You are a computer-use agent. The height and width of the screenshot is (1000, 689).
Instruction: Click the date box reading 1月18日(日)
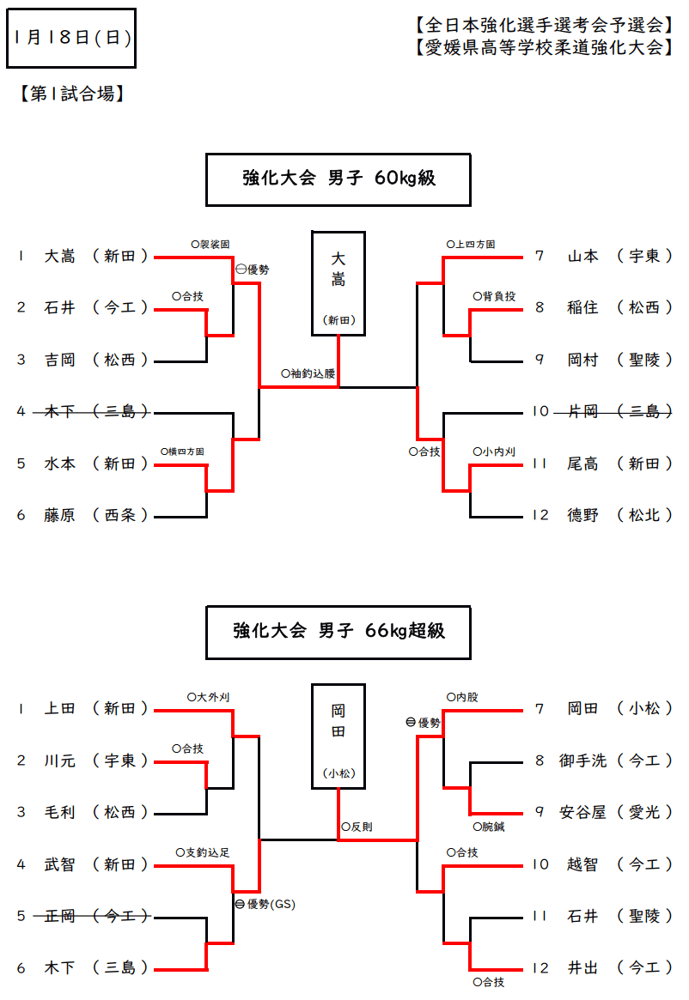(71, 38)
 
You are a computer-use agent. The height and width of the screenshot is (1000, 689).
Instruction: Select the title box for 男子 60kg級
(338, 179)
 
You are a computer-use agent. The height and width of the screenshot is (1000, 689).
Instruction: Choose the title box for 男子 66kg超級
(338, 631)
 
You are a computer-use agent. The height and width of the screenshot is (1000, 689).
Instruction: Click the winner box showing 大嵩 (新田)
(338, 282)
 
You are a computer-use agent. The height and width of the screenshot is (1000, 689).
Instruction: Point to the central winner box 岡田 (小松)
(338, 736)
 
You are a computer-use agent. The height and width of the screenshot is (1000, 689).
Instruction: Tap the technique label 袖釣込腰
(308, 374)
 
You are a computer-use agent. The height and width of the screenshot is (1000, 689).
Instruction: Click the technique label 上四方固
(471, 245)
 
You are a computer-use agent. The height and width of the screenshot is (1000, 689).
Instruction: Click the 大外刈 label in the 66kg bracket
(209, 698)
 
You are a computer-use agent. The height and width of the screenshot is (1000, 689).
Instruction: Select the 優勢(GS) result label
(265, 904)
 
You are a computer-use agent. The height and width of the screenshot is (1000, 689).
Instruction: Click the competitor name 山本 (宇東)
(583, 256)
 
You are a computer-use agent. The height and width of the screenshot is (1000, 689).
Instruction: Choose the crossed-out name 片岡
(583, 412)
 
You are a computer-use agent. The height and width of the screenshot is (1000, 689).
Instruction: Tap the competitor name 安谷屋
(583, 812)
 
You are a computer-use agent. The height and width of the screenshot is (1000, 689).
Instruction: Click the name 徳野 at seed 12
(583, 515)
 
